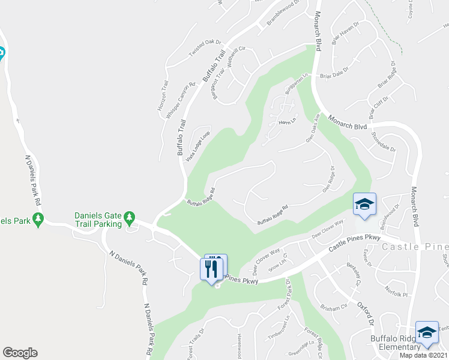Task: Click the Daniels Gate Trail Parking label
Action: tap(99, 220)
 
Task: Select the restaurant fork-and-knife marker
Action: tap(211, 268)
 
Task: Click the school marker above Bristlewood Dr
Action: tap(364, 205)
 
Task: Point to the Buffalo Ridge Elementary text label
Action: tap(395, 343)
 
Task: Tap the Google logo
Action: tap(20, 353)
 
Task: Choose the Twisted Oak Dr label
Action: tap(205, 48)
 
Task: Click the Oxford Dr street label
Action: tap(367, 313)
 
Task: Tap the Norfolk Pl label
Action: tap(396, 295)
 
